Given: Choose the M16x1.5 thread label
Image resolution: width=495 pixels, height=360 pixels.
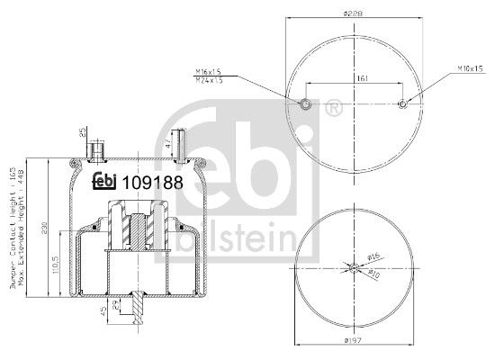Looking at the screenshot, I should (208, 71).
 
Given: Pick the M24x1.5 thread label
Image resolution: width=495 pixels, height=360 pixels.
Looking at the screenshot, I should (208, 80).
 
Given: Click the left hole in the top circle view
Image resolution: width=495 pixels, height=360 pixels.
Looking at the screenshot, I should (307, 104).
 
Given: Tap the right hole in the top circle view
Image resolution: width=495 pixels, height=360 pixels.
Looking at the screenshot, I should (402, 104).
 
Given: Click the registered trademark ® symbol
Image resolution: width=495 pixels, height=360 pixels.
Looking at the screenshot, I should (334, 110).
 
